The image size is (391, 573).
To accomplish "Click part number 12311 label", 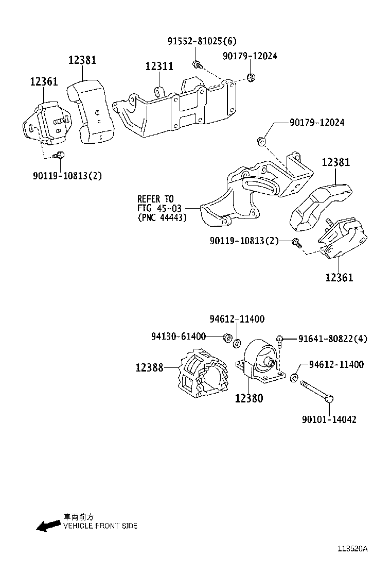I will (159, 66).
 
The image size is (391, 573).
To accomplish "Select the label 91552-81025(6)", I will (202, 41).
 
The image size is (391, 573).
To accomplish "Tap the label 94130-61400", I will (178, 336).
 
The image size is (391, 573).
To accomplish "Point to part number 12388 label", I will (150, 367).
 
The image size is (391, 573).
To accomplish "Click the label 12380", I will (249, 398).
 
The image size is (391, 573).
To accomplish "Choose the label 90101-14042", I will (329, 419).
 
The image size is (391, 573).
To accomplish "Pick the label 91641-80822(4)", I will (332, 339).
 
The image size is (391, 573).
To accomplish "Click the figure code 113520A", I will (352, 549).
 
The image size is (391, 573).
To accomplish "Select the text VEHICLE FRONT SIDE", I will (100, 526).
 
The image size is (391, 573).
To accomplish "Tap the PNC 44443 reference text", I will (162, 217).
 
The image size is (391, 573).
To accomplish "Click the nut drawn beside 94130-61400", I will (226, 338).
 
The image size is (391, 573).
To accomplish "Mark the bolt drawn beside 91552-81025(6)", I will (197, 64).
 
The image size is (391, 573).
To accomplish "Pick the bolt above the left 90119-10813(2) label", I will (60, 155).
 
